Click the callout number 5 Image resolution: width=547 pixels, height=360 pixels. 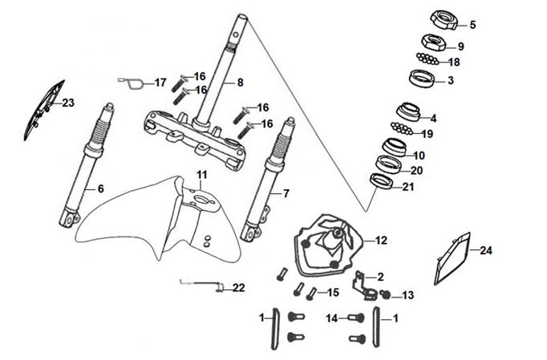pyautogui.click(x=472, y=25)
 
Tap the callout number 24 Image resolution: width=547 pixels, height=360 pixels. pyautogui.click(x=485, y=251)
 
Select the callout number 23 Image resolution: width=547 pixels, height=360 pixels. pyautogui.click(x=67, y=103)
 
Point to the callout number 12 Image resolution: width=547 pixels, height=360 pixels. pyautogui.click(x=381, y=240)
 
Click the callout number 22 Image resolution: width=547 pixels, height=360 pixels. pyautogui.click(x=239, y=287)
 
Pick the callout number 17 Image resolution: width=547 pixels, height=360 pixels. pyautogui.click(x=160, y=83)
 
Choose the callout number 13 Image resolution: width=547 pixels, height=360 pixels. pyautogui.click(x=408, y=296)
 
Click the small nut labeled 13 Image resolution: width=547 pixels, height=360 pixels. pyautogui.click(x=386, y=294)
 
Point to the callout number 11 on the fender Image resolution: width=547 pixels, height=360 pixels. pyautogui.click(x=202, y=176)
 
